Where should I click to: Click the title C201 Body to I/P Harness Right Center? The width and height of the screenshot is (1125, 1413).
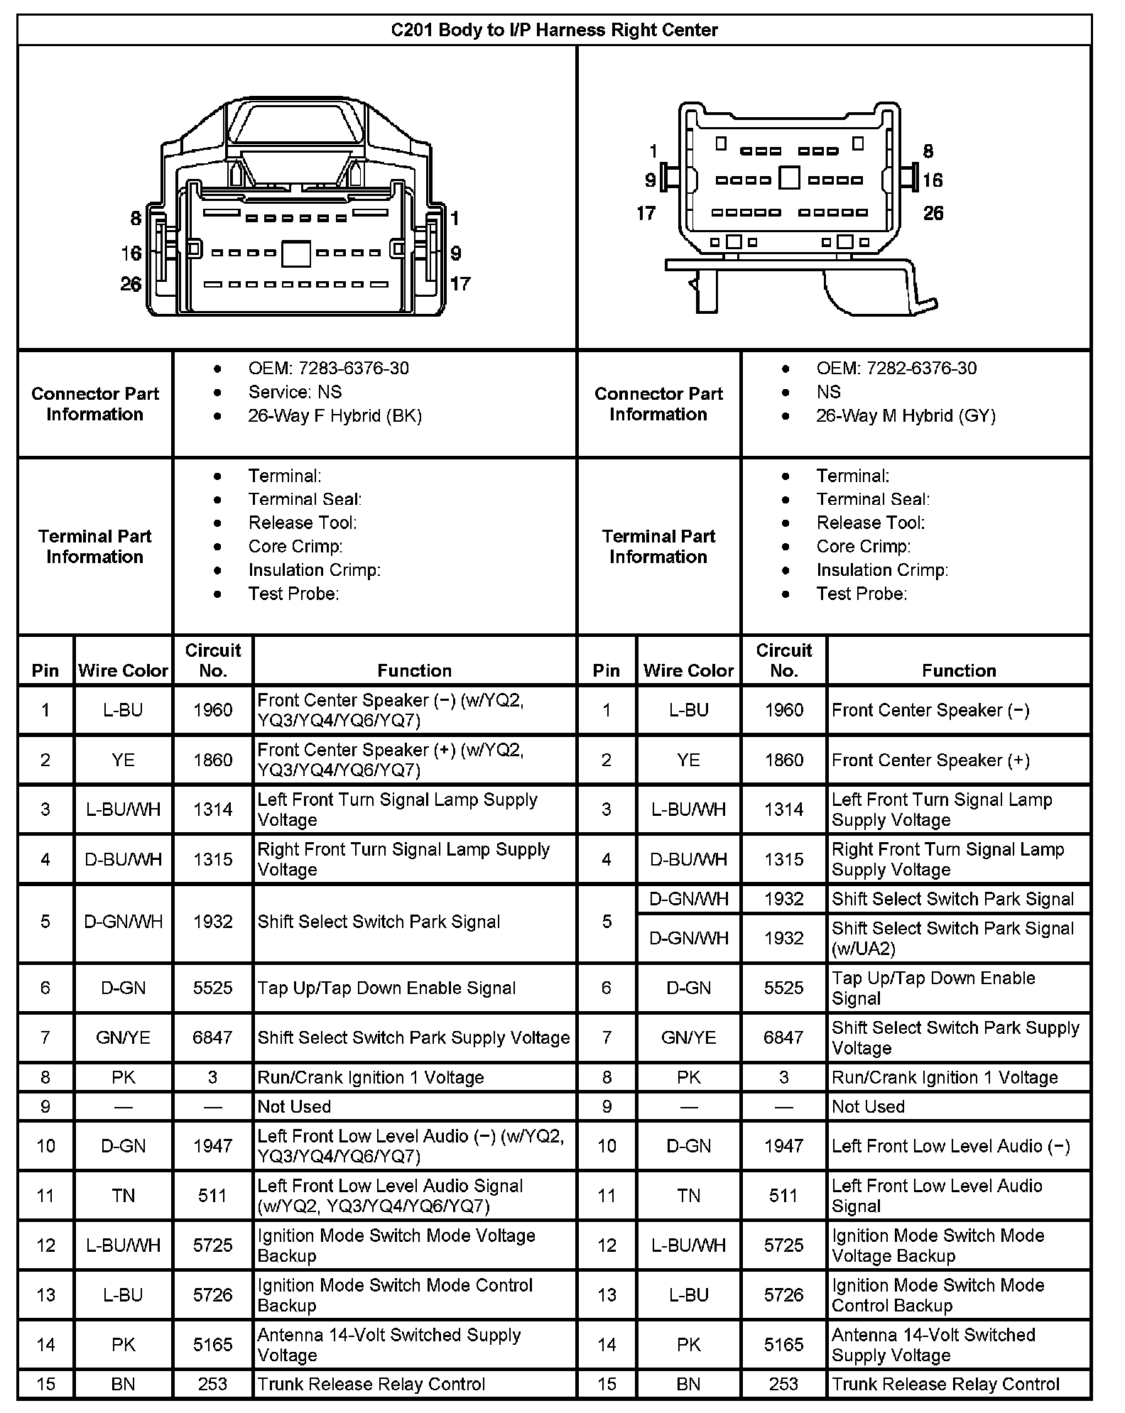pyautogui.click(x=554, y=30)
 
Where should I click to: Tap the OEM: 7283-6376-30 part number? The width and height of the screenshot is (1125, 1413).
pyautogui.click(x=328, y=368)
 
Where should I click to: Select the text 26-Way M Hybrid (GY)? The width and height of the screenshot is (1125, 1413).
pyautogui.click(x=906, y=415)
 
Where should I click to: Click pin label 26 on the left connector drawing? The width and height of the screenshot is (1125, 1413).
pyautogui.click(x=131, y=284)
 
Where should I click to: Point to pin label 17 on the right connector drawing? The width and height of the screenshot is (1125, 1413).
pyautogui.click(x=646, y=213)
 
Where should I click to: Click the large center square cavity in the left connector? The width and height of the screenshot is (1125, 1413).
pyautogui.click(x=295, y=254)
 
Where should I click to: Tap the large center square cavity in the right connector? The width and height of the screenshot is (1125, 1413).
pyautogui.click(x=789, y=178)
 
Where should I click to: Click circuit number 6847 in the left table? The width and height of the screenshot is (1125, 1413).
pyautogui.click(x=212, y=1037)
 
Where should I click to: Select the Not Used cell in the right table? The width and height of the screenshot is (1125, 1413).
pyautogui.click(x=868, y=1106)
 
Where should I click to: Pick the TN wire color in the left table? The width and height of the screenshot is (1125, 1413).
pyautogui.click(x=123, y=1196)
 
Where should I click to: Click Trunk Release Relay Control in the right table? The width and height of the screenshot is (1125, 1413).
pyautogui.click(x=945, y=1384)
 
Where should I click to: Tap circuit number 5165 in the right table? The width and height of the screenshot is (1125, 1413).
pyautogui.click(x=783, y=1344)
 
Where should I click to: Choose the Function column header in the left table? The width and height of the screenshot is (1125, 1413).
pyautogui.click(x=414, y=670)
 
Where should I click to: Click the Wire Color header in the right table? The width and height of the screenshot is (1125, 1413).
pyautogui.click(x=688, y=670)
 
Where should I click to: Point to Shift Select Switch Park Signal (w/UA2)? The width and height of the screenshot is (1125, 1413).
pyautogui.click(x=952, y=938)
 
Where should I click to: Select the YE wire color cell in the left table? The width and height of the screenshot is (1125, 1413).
pyautogui.click(x=123, y=760)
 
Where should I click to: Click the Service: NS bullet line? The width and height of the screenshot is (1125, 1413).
pyautogui.click(x=295, y=392)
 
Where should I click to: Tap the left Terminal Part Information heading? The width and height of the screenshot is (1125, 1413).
pyautogui.click(x=94, y=546)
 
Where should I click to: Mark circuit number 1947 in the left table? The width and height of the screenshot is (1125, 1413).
pyautogui.click(x=212, y=1146)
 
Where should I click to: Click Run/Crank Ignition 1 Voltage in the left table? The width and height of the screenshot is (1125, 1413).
pyautogui.click(x=370, y=1077)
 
